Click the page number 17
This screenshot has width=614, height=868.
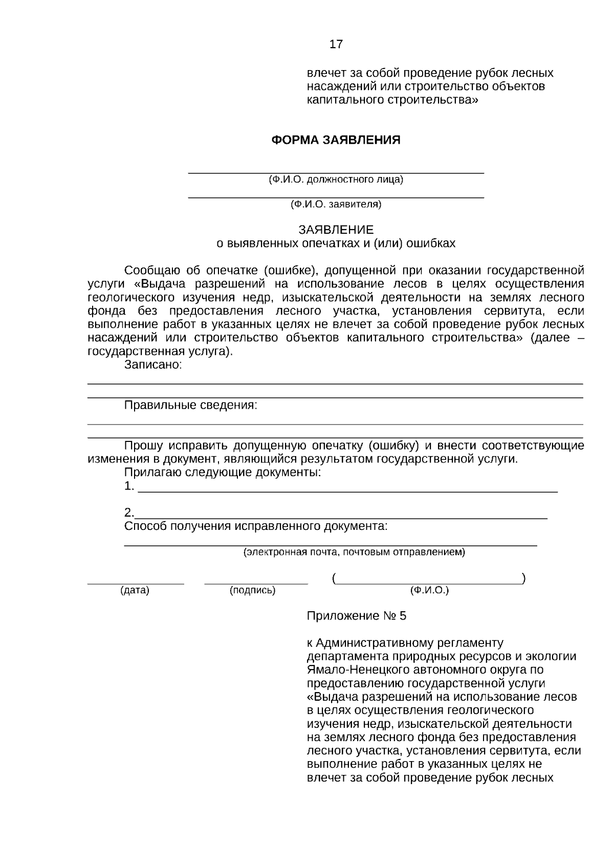coord(336,44)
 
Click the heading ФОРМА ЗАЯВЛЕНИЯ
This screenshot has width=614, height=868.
coord(336,140)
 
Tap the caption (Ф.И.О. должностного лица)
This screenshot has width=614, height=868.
coord(336,180)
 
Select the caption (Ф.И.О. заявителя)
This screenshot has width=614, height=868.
coord(336,205)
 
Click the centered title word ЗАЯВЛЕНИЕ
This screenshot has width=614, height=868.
coord(336,230)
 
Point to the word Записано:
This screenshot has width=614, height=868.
coord(153,365)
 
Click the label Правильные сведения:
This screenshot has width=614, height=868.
coord(190,406)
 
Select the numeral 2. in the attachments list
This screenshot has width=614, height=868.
coord(129,513)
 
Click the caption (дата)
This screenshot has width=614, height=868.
coord(135,590)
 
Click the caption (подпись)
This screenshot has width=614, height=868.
coord(253,590)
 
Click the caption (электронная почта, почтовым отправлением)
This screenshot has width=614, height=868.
coord(354,552)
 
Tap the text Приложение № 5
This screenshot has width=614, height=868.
coord(356,616)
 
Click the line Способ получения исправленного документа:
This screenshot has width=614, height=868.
coord(256,526)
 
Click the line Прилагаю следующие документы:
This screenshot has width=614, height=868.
coord(223,472)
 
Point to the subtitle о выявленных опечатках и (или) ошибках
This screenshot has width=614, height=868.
coord(336,243)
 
